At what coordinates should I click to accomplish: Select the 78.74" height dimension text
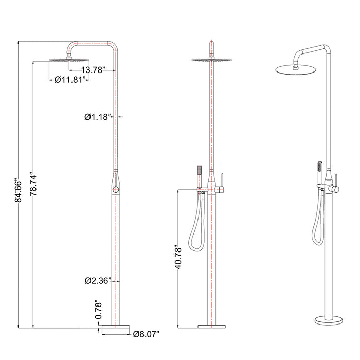click(x=33, y=185)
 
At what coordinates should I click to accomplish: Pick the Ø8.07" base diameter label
click(x=146, y=334)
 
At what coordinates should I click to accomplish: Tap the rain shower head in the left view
click(x=69, y=60)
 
